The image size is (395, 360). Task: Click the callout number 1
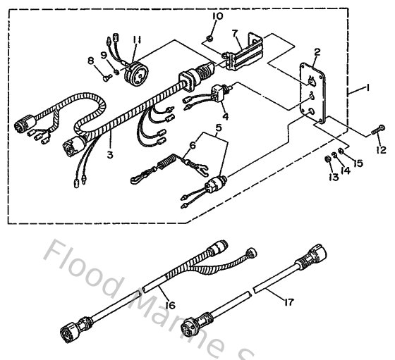tap(367, 89)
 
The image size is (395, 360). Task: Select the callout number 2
tap(317, 52)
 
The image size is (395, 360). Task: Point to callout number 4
tap(224, 115)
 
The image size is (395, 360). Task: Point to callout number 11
tap(135, 39)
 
